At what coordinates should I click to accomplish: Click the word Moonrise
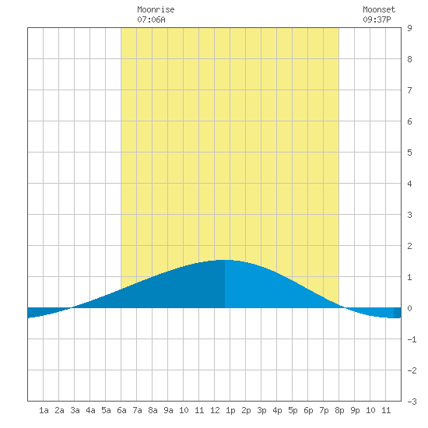tap(156, 9)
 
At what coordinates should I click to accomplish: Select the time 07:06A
tap(151, 19)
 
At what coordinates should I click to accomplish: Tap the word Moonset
tap(379, 9)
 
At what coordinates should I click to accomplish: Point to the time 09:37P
tap(377, 19)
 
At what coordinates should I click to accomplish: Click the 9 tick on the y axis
tap(409, 28)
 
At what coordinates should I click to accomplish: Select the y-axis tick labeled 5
tap(409, 153)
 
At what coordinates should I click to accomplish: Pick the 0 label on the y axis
tap(409, 308)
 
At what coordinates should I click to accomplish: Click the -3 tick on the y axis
tap(412, 402)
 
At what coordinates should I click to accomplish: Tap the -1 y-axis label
tap(412, 339)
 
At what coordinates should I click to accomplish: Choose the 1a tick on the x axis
tap(44, 410)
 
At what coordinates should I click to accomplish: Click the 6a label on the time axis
tap(121, 410)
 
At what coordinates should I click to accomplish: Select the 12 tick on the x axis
tap(215, 410)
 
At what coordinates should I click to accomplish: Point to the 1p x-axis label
tap(230, 410)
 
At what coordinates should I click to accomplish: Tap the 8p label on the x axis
tap(339, 410)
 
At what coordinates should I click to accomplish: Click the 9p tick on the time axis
tap(355, 410)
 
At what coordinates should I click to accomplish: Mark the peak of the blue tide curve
tap(225, 260)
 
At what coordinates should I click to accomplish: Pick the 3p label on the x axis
tap(261, 410)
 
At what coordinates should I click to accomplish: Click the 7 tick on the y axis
tap(409, 90)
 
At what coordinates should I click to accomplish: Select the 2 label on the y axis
tap(409, 246)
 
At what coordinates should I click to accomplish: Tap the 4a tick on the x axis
tap(90, 410)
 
